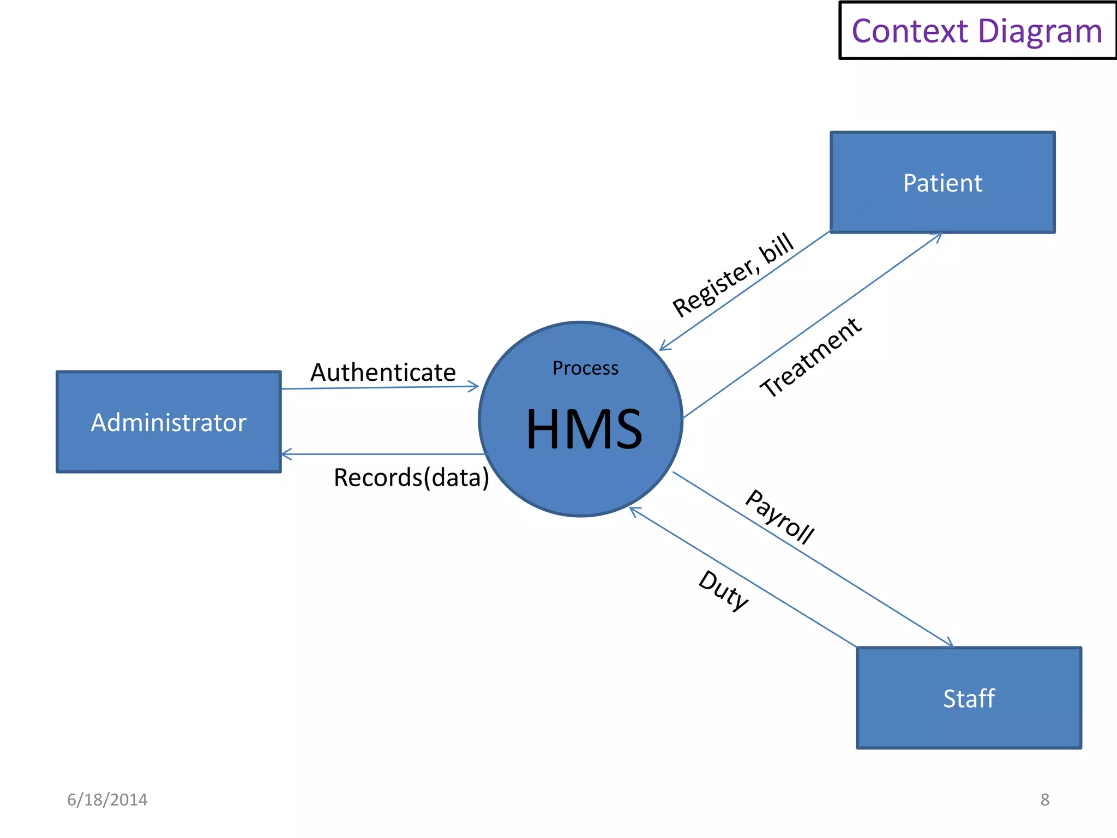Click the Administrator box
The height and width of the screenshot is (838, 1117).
(x=169, y=422)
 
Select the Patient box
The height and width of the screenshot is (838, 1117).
(x=942, y=182)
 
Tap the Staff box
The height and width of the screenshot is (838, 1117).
(x=969, y=698)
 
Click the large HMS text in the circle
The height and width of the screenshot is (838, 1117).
(x=584, y=429)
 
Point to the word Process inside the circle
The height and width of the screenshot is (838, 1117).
(x=585, y=368)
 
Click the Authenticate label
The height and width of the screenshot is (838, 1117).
(x=383, y=373)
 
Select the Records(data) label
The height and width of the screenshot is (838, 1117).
(x=411, y=477)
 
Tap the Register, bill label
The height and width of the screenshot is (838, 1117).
(x=732, y=275)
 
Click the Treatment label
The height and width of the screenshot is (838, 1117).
(x=811, y=357)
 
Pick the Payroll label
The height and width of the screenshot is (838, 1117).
(x=779, y=517)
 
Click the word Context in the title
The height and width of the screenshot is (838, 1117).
(x=909, y=31)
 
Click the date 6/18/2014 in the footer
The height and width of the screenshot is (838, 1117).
(x=107, y=800)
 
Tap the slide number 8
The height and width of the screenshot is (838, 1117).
(x=1044, y=800)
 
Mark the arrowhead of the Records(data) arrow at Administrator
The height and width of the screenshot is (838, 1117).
(x=285, y=454)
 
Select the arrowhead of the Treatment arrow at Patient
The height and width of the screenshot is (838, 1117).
(x=939, y=236)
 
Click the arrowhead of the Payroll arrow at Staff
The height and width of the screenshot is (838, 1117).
(x=950, y=644)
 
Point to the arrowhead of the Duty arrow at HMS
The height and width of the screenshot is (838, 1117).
(x=633, y=510)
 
